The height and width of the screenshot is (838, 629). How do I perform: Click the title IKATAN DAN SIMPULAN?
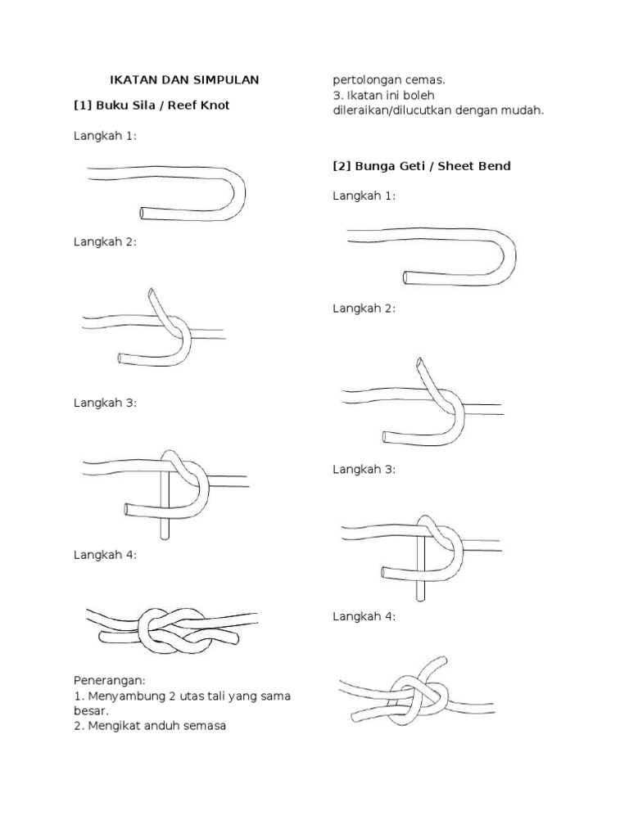(x=184, y=79)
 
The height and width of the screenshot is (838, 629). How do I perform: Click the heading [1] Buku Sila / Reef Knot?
(x=152, y=105)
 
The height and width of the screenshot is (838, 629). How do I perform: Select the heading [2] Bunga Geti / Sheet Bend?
(x=421, y=165)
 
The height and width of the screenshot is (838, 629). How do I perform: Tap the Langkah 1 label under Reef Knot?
(x=105, y=136)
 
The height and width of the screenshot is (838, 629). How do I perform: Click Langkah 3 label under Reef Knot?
(x=105, y=403)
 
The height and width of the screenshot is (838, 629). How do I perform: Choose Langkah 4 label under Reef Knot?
(x=105, y=554)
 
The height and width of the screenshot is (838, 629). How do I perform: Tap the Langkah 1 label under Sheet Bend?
(x=364, y=196)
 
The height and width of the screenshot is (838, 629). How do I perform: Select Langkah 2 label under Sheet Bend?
(x=364, y=308)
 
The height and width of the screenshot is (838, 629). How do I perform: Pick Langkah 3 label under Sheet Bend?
(x=364, y=469)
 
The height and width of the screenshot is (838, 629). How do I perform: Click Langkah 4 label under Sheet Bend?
(x=364, y=616)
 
